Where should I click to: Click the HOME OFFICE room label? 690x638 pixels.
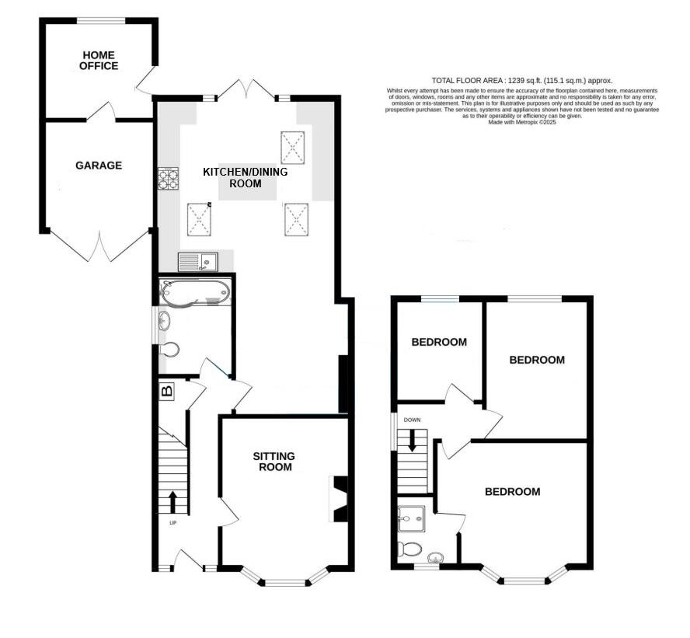(x=99, y=61)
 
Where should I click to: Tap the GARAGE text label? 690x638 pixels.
(x=99, y=166)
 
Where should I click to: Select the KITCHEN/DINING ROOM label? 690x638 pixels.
(x=245, y=178)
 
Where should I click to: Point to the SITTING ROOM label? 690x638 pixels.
(x=273, y=462)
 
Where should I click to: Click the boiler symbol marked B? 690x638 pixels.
(x=167, y=390)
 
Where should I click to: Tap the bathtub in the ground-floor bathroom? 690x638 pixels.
(x=194, y=292)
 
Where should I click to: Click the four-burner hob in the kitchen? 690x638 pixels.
(x=169, y=180)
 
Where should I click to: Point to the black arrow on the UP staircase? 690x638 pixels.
(x=172, y=502)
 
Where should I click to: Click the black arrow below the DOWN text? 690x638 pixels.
(x=412, y=441)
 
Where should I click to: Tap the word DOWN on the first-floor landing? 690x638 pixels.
(x=412, y=420)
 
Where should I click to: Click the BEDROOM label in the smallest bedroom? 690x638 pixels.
(x=439, y=342)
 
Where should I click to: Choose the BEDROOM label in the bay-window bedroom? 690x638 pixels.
(x=512, y=492)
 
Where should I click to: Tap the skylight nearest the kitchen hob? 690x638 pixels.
(x=200, y=219)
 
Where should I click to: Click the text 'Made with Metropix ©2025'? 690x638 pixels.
(x=522, y=122)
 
